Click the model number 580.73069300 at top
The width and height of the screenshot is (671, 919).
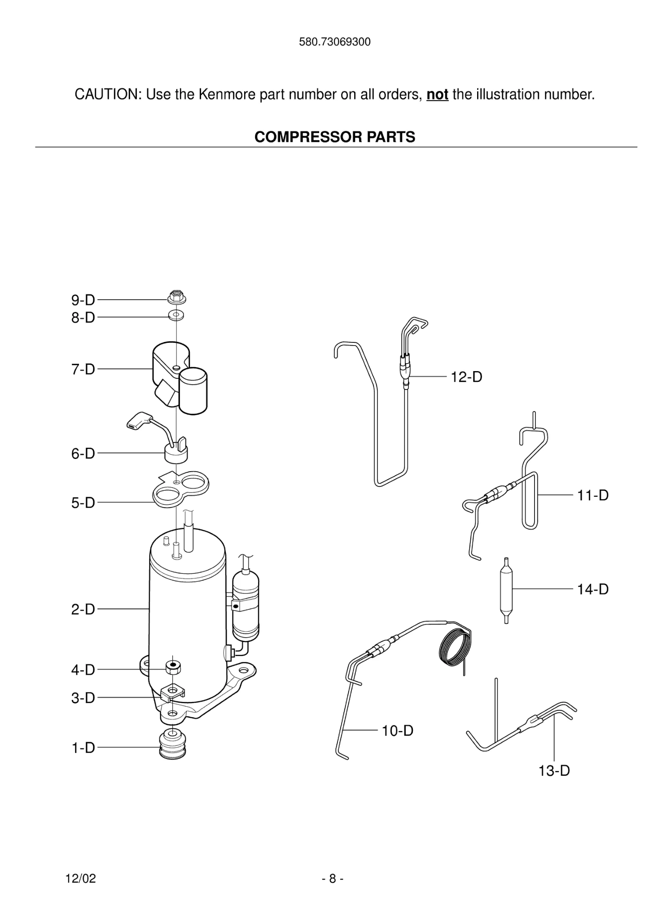(334, 42)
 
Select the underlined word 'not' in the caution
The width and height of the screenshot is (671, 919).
(437, 95)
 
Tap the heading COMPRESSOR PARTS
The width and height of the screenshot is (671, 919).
(335, 137)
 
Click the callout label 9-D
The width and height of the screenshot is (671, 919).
(83, 300)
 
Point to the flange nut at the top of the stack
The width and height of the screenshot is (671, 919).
(177, 297)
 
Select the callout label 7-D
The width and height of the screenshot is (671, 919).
(83, 369)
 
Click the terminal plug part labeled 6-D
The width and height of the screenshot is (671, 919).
(175, 454)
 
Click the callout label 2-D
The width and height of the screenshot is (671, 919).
(83, 609)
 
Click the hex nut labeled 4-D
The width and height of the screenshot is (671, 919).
(173, 667)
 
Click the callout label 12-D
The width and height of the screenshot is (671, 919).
(466, 377)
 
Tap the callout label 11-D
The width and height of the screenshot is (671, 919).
(592, 495)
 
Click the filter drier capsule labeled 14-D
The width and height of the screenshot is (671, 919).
(506, 590)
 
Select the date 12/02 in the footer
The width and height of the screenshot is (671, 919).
(81, 878)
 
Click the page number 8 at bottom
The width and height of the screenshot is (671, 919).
(333, 878)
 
